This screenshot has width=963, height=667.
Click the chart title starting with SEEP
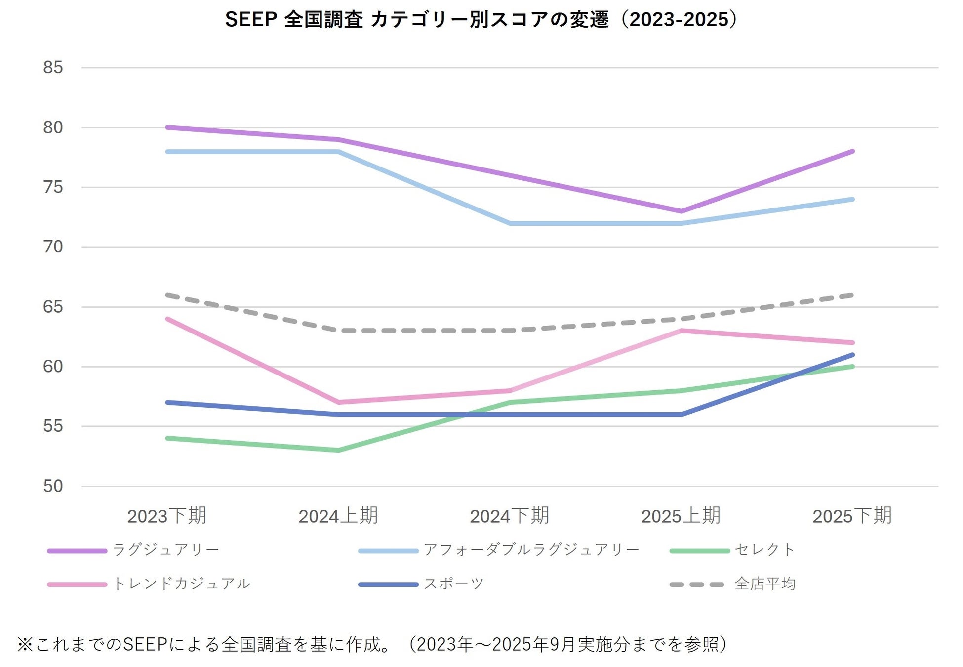(x=481, y=20)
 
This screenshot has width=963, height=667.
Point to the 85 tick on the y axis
(x=53, y=67)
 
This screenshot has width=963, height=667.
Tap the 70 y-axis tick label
(x=53, y=247)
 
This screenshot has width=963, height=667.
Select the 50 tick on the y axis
(x=53, y=486)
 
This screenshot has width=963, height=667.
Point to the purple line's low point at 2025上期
(x=681, y=211)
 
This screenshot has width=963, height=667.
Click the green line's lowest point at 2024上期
(x=338, y=450)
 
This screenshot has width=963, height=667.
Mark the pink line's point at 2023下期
(x=167, y=319)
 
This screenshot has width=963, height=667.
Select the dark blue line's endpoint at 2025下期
(x=852, y=355)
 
